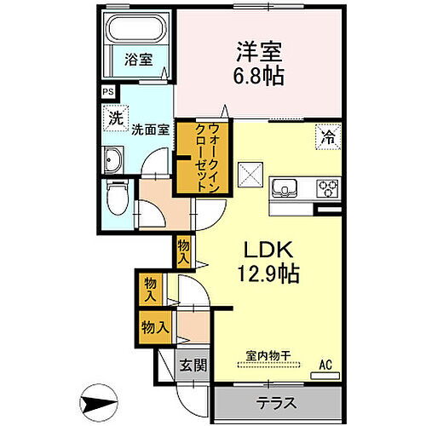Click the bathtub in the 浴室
click(136, 29)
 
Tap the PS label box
click(108, 92)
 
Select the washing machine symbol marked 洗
click(116, 118)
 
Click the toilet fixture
click(118, 197)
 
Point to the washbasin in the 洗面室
click(112, 160)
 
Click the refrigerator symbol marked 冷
click(328, 137)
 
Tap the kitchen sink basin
click(285, 188)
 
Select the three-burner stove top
click(328, 188)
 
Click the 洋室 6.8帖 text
click(259, 64)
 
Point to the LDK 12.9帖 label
click(268, 262)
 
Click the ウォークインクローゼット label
click(207, 158)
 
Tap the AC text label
click(325, 365)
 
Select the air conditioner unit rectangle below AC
click(325, 376)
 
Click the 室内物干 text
click(268, 355)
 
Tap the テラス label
click(276, 403)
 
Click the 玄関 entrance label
click(193, 365)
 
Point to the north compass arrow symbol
click(99, 403)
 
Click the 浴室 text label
click(139, 60)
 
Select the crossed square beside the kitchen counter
click(250, 175)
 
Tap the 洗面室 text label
click(150, 130)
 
